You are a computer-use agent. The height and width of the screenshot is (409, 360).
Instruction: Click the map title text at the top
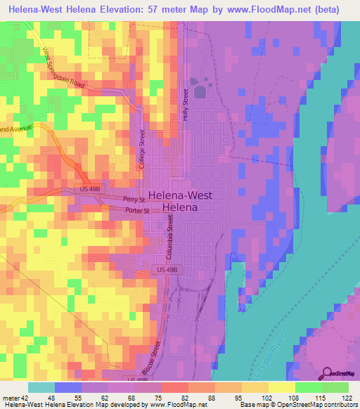(x=179, y=9)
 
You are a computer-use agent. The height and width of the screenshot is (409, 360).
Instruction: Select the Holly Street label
(x=186, y=105)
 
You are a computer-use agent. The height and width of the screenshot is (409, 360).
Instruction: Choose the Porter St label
(x=137, y=210)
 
